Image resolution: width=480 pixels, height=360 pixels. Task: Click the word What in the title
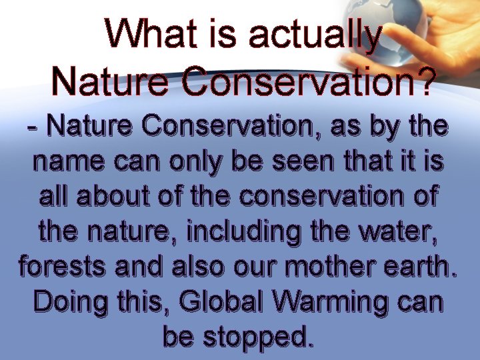click(x=147, y=33)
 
